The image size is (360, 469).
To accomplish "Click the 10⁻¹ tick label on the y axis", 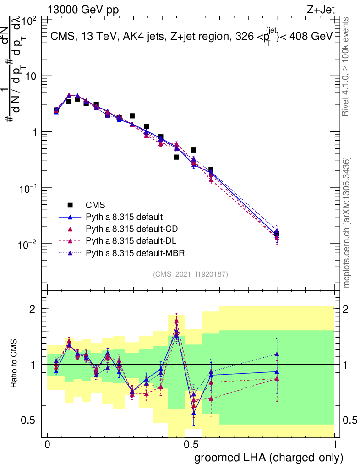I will pos(27,188).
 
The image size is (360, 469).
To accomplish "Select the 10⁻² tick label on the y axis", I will pos(27,244).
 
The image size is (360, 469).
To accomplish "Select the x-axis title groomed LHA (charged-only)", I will pos(269,458).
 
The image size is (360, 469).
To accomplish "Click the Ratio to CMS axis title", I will pos(14,365).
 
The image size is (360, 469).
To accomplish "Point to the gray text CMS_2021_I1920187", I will pos(191,274).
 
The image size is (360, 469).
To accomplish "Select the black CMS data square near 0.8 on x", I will pos(277,234).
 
